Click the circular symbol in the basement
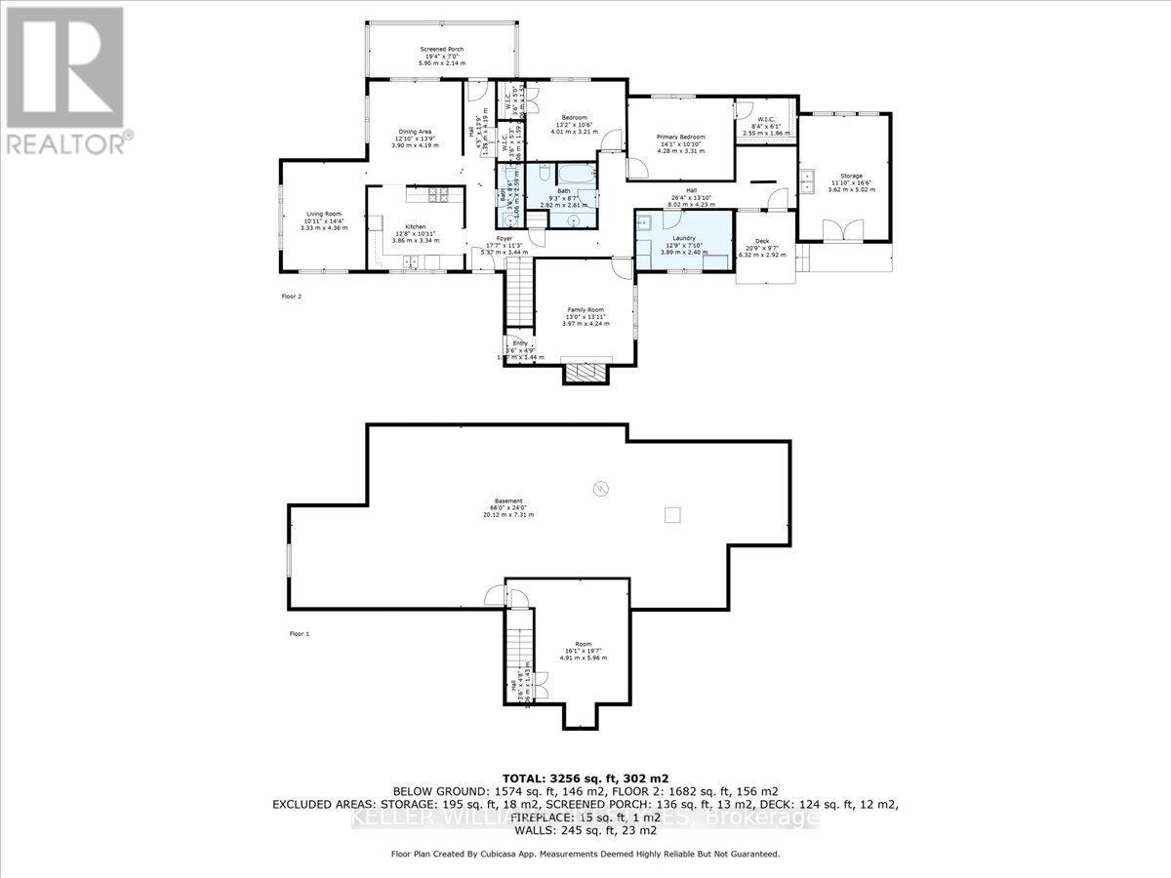601,487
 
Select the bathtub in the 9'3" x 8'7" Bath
572,176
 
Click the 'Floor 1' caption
300,634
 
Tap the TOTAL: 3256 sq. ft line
585,778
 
